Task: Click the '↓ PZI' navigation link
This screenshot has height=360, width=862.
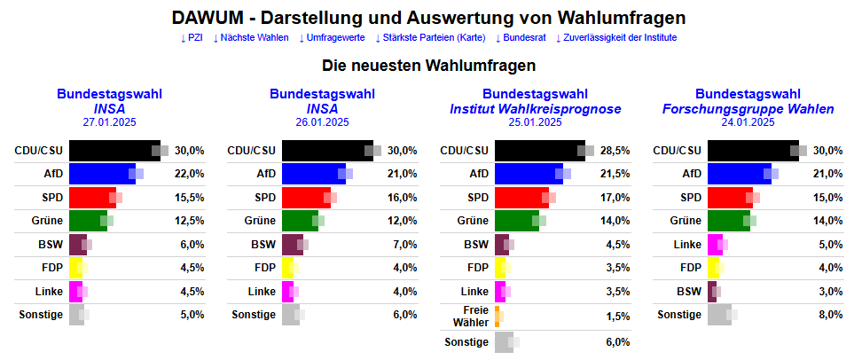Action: tap(192, 38)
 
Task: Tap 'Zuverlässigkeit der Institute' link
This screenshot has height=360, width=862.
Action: tap(616, 38)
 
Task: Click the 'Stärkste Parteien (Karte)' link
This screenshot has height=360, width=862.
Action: tap(430, 38)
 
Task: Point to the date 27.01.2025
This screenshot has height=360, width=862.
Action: tap(109, 122)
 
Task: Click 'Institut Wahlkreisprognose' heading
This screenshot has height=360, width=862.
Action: tap(535, 109)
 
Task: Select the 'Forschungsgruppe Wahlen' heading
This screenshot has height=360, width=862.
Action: tap(748, 109)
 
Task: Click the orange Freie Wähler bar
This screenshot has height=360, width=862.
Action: tap(498, 317)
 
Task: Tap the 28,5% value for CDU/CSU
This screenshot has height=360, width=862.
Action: tap(615, 151)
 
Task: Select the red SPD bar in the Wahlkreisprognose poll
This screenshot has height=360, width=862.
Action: tap(521, 197)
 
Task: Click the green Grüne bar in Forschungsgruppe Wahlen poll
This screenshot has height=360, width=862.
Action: tap(727, 220)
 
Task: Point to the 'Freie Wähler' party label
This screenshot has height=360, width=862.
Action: tap(472, 317)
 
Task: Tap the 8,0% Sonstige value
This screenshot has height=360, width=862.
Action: tap(828, 314)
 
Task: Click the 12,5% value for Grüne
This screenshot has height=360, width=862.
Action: tap(190, 220)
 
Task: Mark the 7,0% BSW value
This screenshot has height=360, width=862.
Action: tap(404, 245)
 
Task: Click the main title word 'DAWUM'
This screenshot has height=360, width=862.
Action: tap(207, 18)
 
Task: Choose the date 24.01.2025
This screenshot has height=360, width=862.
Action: tap(748, 122)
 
